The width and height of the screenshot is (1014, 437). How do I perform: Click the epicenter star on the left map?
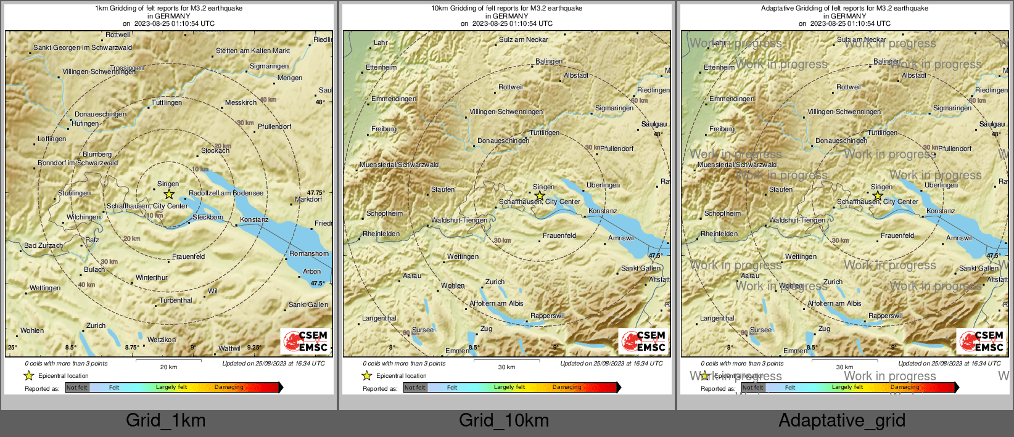pos(169,194)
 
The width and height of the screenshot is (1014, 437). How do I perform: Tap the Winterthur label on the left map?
pos(152,278)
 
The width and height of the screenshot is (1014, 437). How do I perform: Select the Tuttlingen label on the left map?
pos(167,102)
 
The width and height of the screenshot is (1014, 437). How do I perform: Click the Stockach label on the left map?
pos(215,150)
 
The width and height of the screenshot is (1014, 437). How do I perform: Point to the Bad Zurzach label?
pos(43,245)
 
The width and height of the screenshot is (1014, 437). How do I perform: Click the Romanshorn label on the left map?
pos(309,253)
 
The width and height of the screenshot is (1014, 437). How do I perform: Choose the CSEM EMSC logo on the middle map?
pos(644,341)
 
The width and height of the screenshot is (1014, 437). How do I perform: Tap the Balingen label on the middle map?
pos(549,61)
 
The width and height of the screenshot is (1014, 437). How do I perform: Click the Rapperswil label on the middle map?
pos(547,316)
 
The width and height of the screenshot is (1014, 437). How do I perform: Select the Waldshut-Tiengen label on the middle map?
pos(459,220)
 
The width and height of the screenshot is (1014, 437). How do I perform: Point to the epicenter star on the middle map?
pos(540,196)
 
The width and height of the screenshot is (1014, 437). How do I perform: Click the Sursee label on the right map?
pos(760,330)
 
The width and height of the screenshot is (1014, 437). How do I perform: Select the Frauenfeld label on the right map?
pos(897,235)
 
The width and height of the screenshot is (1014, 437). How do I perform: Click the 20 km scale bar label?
pos(168,367)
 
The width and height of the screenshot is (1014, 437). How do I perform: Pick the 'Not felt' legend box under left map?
pos(77,388)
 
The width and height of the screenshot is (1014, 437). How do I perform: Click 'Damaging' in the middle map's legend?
pos(567,388)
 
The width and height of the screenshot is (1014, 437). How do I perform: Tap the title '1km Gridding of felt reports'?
pos(168,9)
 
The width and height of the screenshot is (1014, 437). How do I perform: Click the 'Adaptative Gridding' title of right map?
pos(844,9)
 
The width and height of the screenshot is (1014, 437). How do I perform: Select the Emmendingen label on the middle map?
pos(394,99)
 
